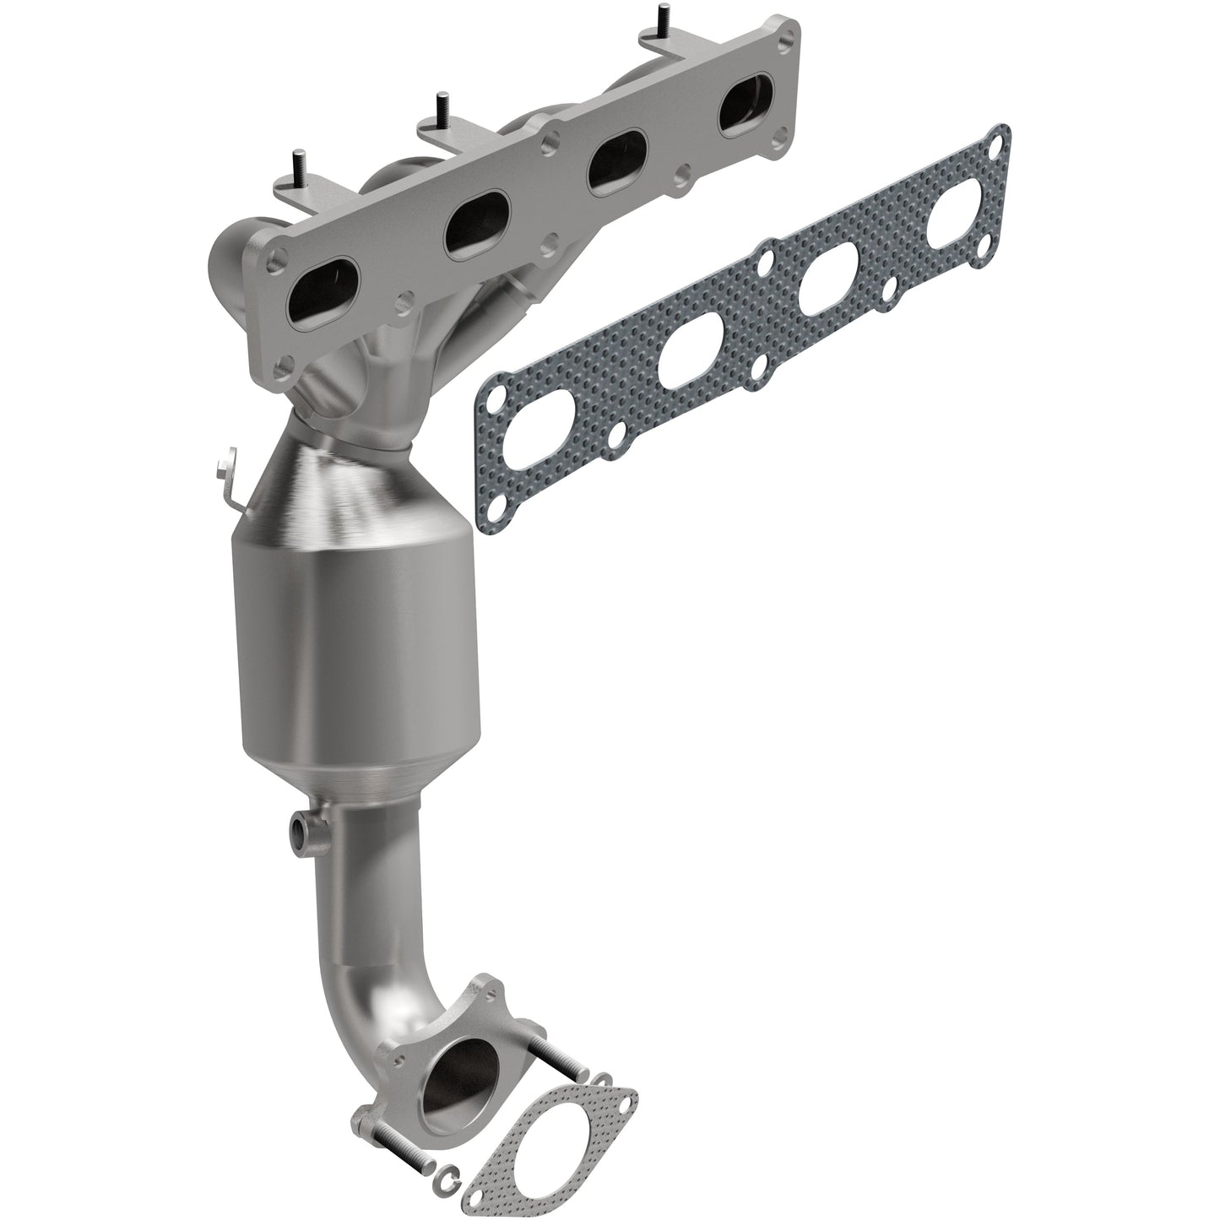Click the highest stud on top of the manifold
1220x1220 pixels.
point(655,16)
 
